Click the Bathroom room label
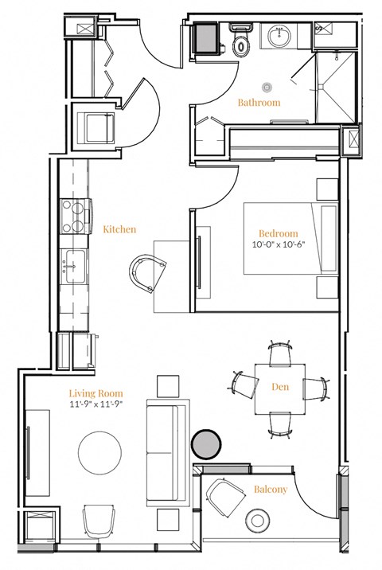pos(259,103)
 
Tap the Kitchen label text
pos(119,229)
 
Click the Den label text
pos(279,388)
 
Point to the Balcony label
pos(271,490)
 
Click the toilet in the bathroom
pos(240,40)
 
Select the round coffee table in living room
pos(101,455)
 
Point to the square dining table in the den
pos(279,388)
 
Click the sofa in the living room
pos(166,451)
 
